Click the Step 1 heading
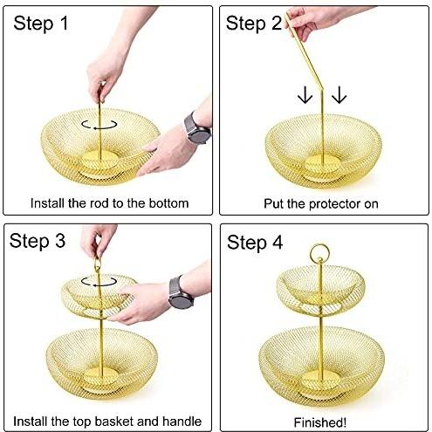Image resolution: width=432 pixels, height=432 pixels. tap(41, 24)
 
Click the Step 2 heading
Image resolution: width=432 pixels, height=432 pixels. tap(254, 24)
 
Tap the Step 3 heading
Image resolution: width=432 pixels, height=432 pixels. tap(38, 241)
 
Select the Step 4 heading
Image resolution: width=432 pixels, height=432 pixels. tap(255, 243)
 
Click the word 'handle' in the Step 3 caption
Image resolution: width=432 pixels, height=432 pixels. tap(182, 422)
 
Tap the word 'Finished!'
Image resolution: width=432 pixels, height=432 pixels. tap(320, 422)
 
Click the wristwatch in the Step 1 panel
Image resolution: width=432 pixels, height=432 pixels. tap(197, 129)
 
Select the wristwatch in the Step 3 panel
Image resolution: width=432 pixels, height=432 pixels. tap(181, 292)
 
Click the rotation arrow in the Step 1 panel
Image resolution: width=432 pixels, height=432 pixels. tap(99, 125)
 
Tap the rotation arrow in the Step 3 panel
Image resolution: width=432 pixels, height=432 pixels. tap(99, 282)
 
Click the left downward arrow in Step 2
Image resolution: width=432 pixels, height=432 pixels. tap(305, 95)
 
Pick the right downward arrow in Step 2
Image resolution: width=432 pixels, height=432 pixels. tap(339, 95)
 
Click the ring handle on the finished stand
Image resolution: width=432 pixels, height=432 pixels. tap(319, 245)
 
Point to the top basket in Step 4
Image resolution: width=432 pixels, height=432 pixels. tap(320, 291)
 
